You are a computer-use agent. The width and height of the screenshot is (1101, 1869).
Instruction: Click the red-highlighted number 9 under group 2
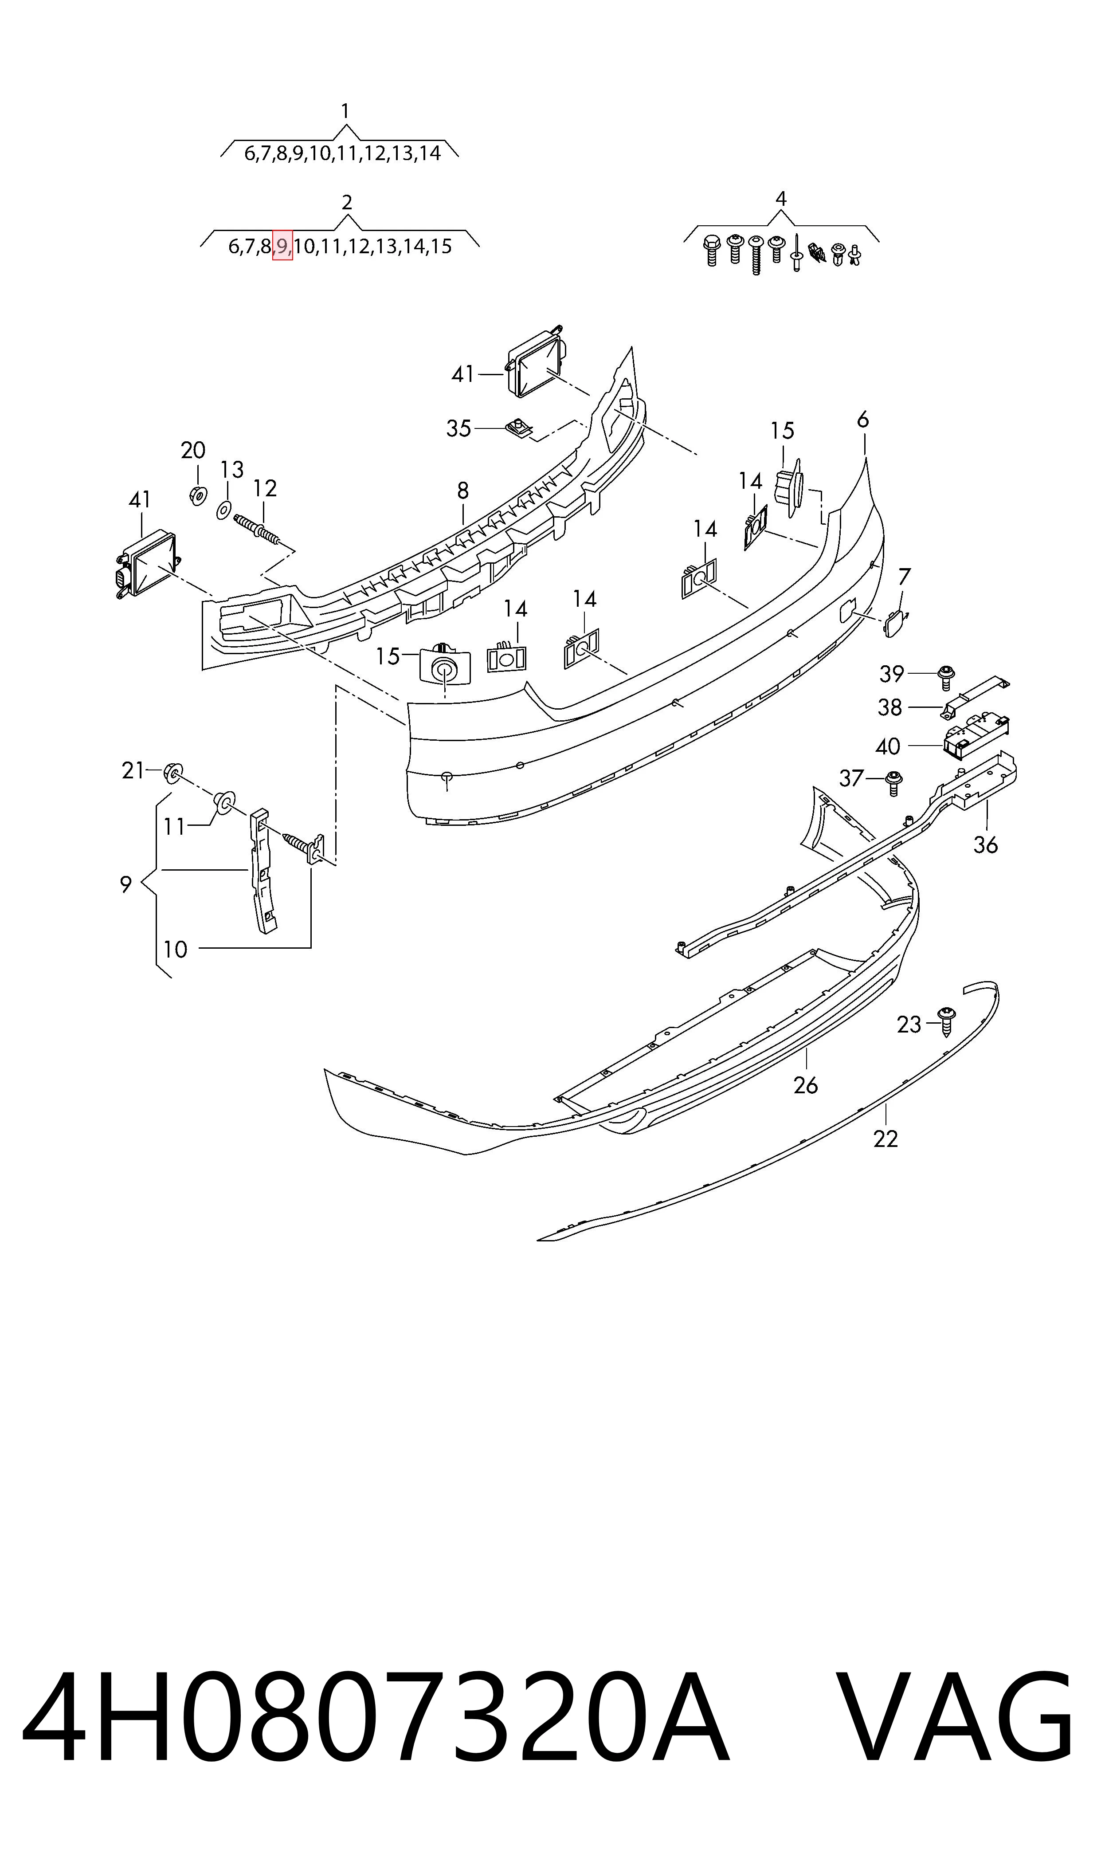click(x=282, y=246)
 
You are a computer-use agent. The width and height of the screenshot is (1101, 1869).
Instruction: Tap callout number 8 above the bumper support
click(x=463, y=491)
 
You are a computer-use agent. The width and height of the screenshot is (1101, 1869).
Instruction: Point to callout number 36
click(x=985, y=844)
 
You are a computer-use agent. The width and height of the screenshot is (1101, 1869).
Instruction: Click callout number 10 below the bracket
click(x=175, y=949)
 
